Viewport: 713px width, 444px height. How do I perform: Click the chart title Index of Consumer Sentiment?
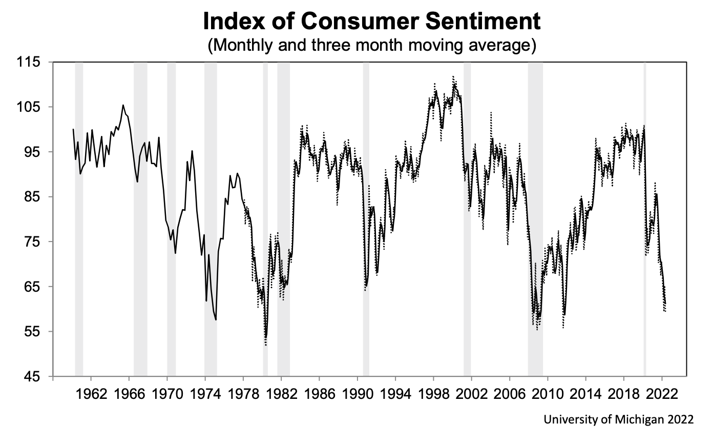coord(371,22)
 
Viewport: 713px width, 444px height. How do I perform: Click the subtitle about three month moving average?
coord(371,45)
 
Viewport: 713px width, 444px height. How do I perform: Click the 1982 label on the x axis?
coord(281,395)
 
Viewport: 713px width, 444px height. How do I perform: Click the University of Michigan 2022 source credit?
coord(619,419)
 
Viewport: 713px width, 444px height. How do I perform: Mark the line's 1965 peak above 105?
coord(123,105)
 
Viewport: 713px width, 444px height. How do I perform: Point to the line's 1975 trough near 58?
coord(216,319)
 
